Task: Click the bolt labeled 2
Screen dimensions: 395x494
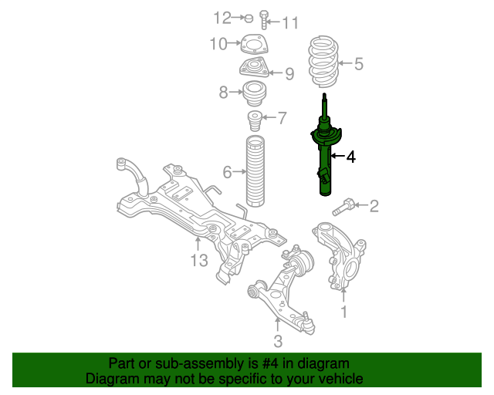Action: pyautogui.click(x=344, y=207)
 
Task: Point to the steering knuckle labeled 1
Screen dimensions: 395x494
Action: pyautogui.click(x=341, y=258)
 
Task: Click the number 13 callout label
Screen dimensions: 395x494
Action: pyautogui.click(x=198, y=261)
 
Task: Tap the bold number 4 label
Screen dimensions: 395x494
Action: pyautogui.click(x=350, y=157)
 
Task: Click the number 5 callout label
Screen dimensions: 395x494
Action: pyautogui.click(x=358, y=64)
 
